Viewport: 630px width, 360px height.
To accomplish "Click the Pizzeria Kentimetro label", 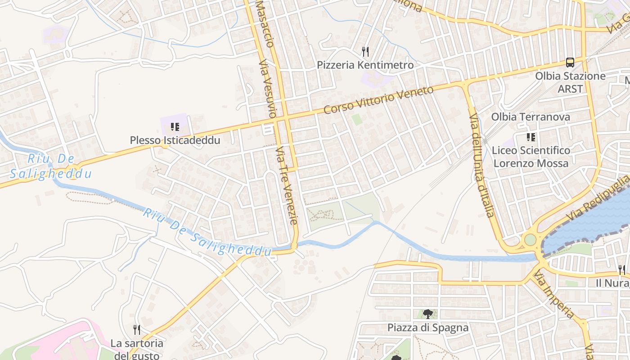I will click(365, 65).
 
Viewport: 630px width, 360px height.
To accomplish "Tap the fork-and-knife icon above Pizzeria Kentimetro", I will click(365, 52).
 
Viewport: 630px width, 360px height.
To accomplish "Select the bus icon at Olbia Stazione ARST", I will click(570, 63).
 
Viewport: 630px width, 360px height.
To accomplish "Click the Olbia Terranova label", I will click(530, 117).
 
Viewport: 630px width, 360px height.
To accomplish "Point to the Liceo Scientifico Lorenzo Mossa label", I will click(531, 157).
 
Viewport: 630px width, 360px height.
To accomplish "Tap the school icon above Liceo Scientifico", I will click(531, 137).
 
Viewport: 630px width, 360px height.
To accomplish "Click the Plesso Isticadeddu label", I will click(175, 140).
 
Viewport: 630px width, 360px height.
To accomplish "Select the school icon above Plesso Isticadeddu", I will click(175, 127).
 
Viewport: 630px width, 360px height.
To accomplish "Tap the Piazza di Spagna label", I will click(427, 328).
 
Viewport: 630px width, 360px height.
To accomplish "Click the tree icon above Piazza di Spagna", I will click(427, 314).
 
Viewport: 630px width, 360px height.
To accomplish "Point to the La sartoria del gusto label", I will click(137, 349).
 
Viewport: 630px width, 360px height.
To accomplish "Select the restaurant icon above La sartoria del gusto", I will click(137, 330).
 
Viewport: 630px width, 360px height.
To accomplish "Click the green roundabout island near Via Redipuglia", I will click(531, 239).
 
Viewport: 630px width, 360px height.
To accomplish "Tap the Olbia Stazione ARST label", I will click(570, 82).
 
